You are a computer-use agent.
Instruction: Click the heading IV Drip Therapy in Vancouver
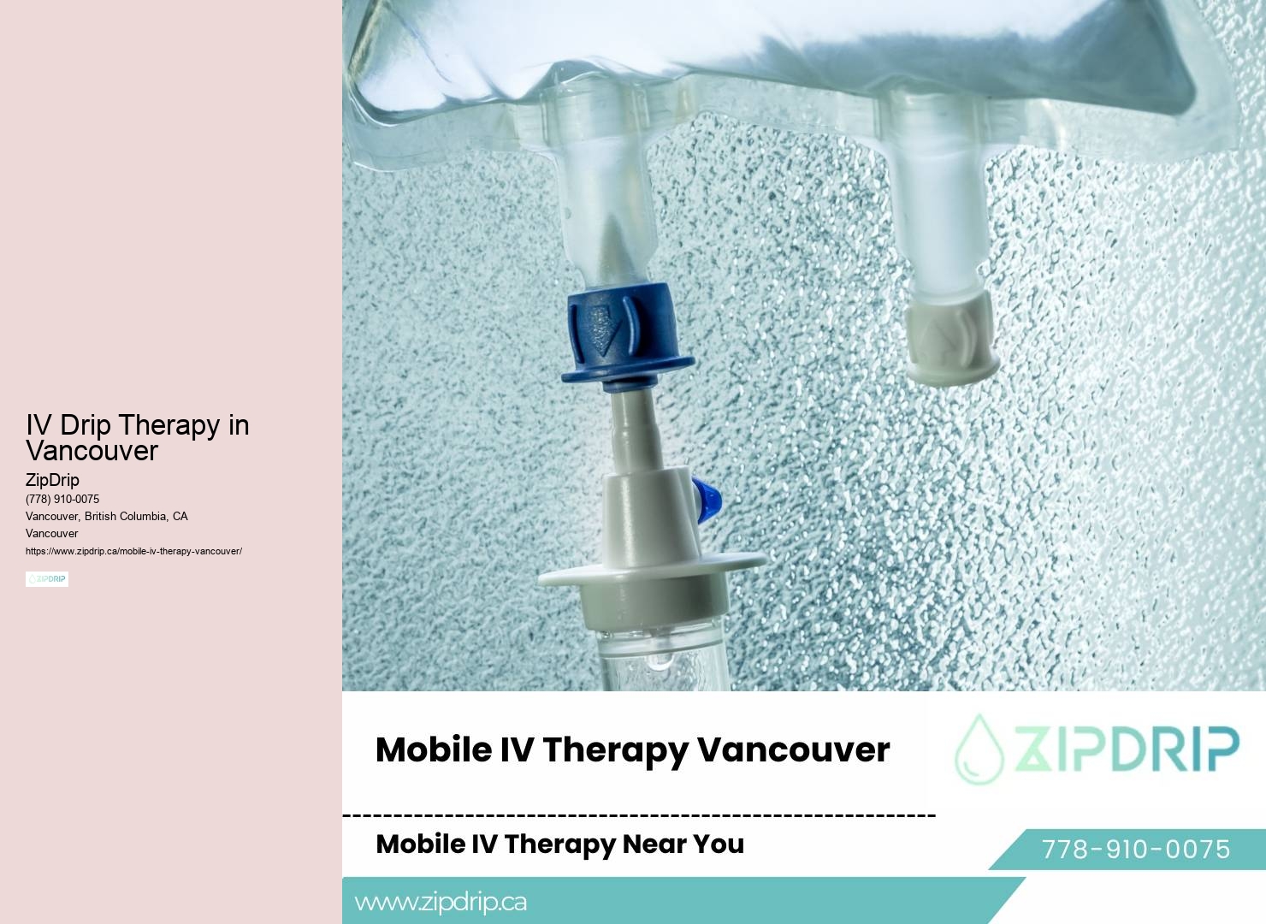click(137, 437)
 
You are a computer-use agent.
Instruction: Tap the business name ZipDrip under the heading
click(52, 480)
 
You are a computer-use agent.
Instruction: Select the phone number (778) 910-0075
click(62, 499)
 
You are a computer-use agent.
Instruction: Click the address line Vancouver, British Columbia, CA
click(107, 516)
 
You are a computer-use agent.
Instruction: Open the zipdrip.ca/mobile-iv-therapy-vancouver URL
click(133, 551)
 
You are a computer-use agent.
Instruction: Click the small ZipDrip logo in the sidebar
click(47, 579)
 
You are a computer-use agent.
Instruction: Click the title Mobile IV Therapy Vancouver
click(632, 749)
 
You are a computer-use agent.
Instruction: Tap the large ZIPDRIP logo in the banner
click(1097, 749)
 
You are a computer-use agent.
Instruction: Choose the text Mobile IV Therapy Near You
click(559, 844)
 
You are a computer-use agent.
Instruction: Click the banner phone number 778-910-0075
click(1135, 849)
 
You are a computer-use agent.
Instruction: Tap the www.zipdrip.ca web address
click(441, 902)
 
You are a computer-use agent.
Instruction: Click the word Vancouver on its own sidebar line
click(52, 533)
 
